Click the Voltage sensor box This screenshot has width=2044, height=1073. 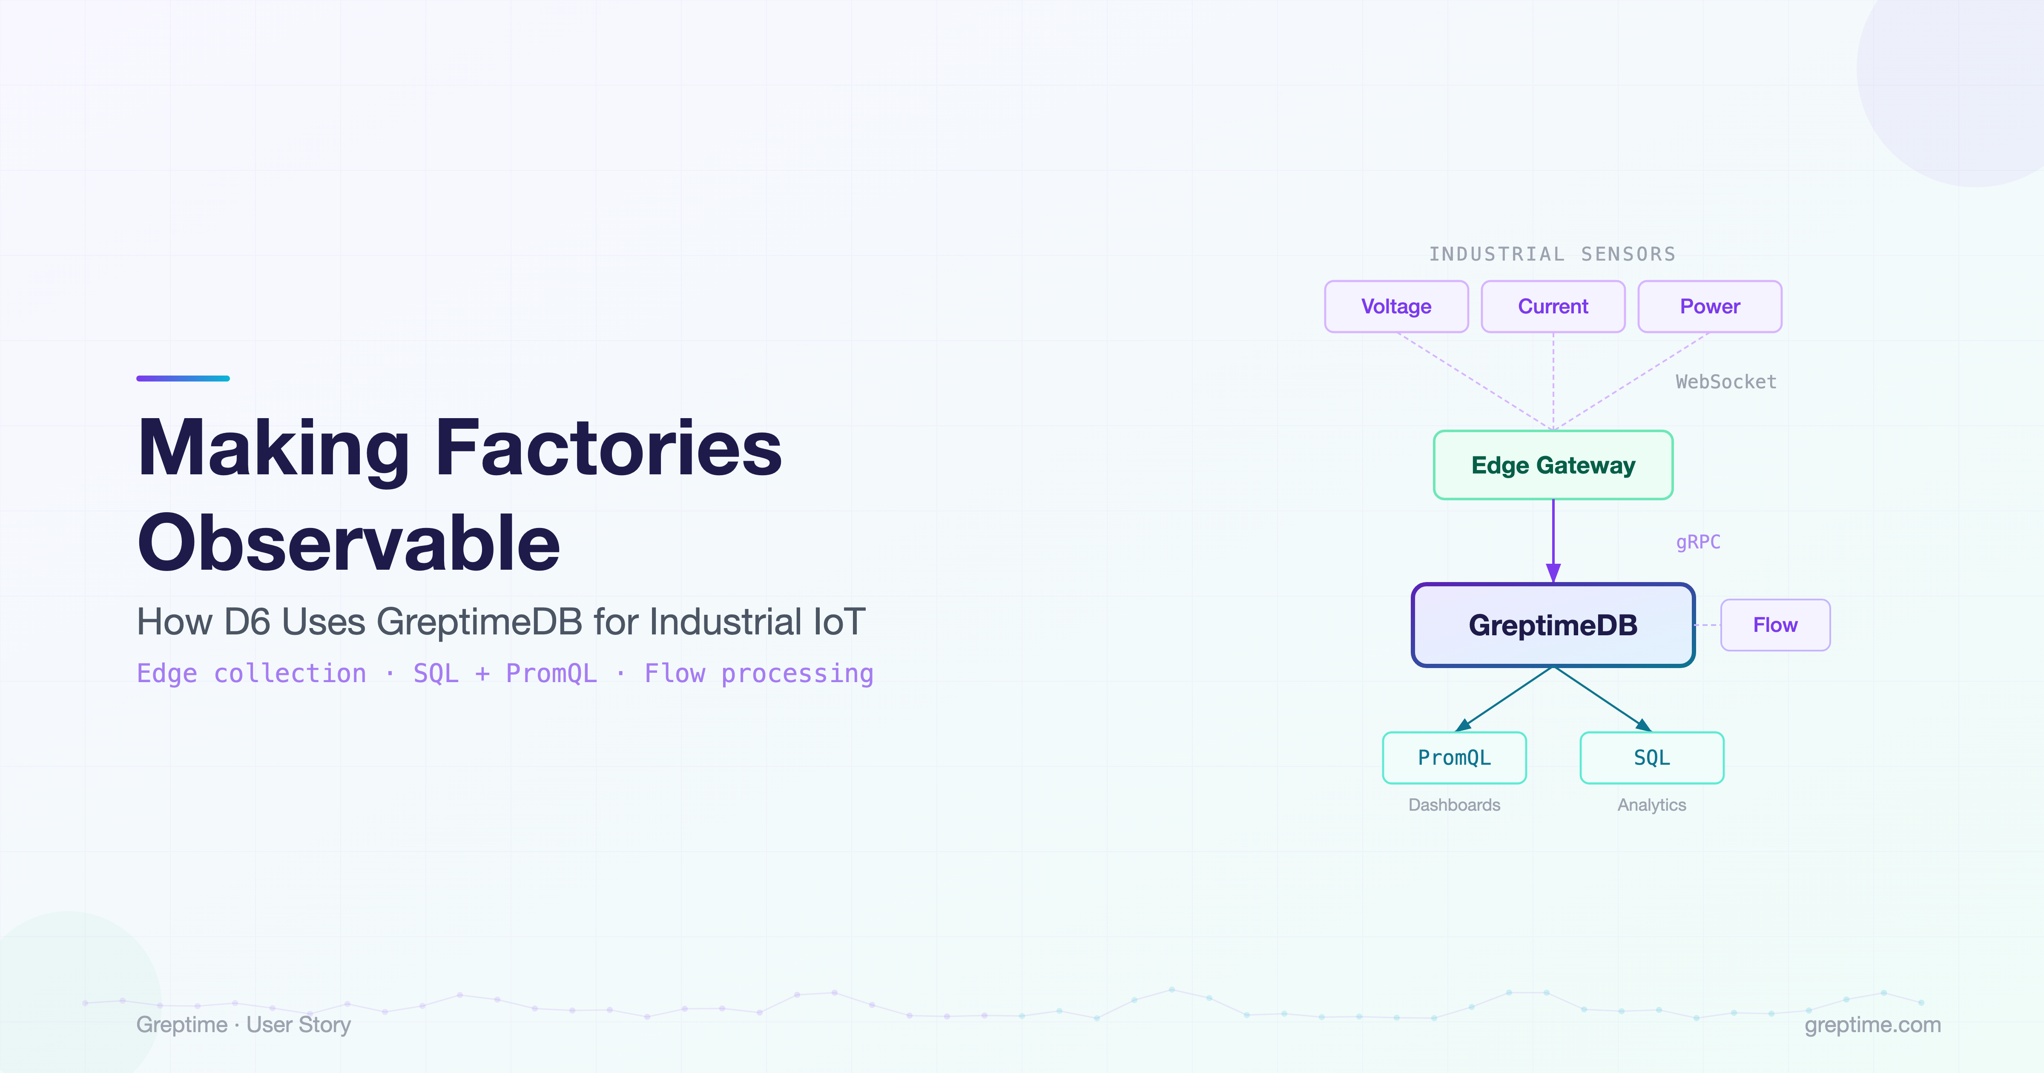(x=1397, y=306)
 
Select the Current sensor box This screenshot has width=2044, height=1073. (x=1553, y=306)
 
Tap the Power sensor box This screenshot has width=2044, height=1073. (x=1710, y=306)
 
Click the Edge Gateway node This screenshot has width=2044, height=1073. (x=1553, y=465)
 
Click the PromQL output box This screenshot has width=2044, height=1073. (x=1455, y=758)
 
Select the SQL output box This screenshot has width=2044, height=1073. (x=1652, y=758)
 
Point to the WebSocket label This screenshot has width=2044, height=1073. (x=1726, y=382)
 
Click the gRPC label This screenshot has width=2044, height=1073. (x=1698, y=542)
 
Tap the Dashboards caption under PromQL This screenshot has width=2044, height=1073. (x=1455, y=805)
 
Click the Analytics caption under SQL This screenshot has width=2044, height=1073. (x=1652, y=805)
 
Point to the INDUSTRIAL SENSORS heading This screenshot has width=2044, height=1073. (x=1553, y=254)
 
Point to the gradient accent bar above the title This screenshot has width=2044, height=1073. (x=183, y=379)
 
